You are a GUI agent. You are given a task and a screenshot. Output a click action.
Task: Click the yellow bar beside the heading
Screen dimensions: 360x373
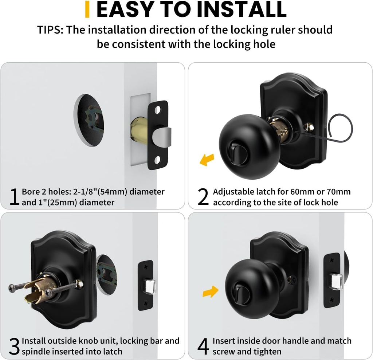point(87,9)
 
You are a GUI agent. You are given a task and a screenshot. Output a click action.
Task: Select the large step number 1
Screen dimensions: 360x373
point(14,197)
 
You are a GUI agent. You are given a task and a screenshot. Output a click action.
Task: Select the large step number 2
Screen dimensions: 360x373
point(203,197)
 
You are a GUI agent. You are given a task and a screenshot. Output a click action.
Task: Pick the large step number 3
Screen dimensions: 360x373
point(14,347)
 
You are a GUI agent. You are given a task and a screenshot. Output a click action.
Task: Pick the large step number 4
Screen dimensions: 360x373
point(203,347)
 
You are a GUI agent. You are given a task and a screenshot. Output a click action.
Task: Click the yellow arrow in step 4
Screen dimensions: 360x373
point(210,291)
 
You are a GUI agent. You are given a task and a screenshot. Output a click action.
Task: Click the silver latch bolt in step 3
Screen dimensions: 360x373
point(148,284)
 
